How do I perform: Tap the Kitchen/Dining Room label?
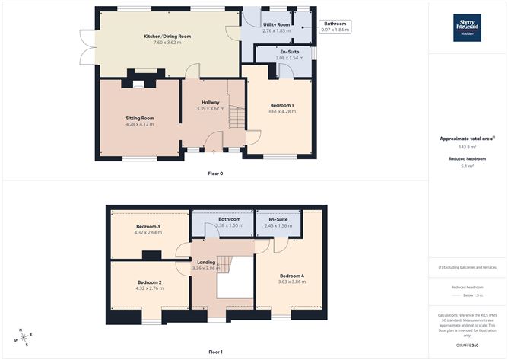163,37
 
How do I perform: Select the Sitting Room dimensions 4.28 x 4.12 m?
139,124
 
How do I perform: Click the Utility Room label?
276,24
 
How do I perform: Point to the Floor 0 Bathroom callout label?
335,24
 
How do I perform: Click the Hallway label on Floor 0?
211,102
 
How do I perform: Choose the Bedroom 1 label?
281,105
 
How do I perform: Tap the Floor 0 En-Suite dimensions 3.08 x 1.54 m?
274,58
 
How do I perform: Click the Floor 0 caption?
215,174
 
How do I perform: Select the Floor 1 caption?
215,352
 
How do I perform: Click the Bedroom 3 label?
148,227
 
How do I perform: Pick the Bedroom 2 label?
149,282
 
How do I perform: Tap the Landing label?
207,263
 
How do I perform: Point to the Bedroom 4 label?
292,276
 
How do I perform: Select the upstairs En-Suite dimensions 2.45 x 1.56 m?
278,226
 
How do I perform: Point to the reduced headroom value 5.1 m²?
467,166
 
